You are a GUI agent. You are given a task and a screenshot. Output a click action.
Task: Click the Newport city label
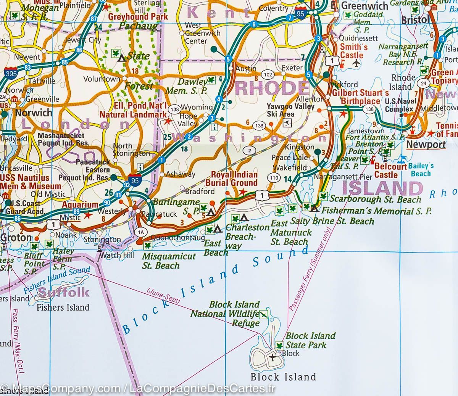click(426, 145)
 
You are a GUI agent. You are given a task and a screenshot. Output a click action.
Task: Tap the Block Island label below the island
click(283, 377)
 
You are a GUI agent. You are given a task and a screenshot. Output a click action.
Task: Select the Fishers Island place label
click(63, 307)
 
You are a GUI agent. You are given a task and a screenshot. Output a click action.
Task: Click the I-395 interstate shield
click(11, 74)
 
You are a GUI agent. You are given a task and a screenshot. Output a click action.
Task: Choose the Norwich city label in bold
click(34, 113)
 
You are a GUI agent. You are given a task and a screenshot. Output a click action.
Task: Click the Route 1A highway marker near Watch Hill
click(141, 232)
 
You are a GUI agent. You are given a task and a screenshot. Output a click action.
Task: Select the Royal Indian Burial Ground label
click(234, 179)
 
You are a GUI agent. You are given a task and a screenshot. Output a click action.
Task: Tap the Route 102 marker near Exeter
click(268, 75)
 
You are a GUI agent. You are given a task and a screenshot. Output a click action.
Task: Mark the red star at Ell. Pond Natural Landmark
click(168, 122)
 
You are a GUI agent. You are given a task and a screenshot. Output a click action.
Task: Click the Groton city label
click(16, 237)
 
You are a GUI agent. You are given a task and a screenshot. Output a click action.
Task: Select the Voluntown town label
click(102, 79)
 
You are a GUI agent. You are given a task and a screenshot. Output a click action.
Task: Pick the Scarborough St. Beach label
click(375, 199)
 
